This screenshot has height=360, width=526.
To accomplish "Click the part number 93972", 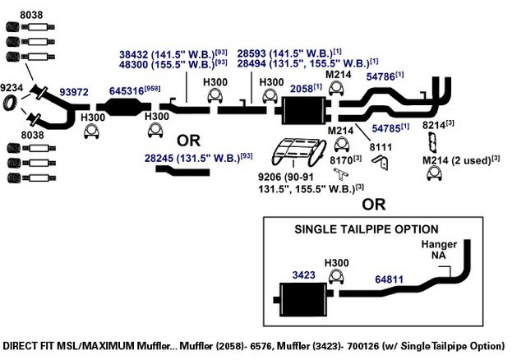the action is pos(74,92).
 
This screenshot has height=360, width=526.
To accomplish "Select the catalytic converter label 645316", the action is pos(127,91).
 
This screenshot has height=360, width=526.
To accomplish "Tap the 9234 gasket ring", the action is pos(10,103).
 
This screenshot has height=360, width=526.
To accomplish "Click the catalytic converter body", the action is pos(124,107).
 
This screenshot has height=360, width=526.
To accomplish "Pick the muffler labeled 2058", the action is pos(303,110).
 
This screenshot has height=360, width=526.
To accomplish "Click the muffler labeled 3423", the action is pos(303,299).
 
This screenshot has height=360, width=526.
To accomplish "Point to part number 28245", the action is pos(159,158).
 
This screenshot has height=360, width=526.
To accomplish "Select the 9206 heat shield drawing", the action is pos(298,152).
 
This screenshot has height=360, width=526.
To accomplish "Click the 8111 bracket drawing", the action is pos(381,162).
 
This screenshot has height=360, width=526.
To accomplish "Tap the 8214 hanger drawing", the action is pos(433,142).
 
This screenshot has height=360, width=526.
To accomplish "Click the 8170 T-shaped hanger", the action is pos(340,173).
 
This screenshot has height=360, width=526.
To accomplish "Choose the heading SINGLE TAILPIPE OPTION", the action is pos(367,229).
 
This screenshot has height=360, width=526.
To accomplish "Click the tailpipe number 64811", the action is pos(389,279).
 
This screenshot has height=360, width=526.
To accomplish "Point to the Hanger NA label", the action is pos(439,250).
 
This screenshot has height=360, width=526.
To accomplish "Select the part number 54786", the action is pos(381,76).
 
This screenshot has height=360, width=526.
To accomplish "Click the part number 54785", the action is pos(386,128).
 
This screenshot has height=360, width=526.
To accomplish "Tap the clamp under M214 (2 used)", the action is pos(435,173).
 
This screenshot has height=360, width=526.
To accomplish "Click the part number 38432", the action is pos(133,54).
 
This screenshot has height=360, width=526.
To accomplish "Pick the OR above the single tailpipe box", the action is pos(374,205).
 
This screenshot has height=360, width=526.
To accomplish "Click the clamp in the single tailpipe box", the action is pos(336,276).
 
